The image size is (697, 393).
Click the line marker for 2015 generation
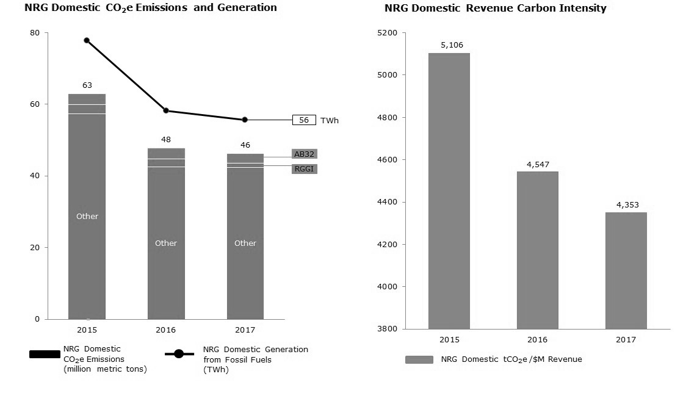87,40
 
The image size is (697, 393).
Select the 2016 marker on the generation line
166,110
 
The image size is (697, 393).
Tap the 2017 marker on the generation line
245,120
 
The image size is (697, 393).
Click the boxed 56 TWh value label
304,120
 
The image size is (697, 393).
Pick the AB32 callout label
304,154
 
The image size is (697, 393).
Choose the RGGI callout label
304,169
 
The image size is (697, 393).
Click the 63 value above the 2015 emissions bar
87,85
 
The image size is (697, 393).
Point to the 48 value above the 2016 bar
166,139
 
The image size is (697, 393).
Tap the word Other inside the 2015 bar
87,217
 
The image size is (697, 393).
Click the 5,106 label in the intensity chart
449,45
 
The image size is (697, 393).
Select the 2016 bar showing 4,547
537,250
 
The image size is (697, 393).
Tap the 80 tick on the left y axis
35,33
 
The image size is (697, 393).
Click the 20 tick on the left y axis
35,247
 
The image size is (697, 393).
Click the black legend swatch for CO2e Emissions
45,354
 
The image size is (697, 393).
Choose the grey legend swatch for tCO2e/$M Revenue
419,359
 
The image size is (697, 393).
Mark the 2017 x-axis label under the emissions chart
245,330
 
